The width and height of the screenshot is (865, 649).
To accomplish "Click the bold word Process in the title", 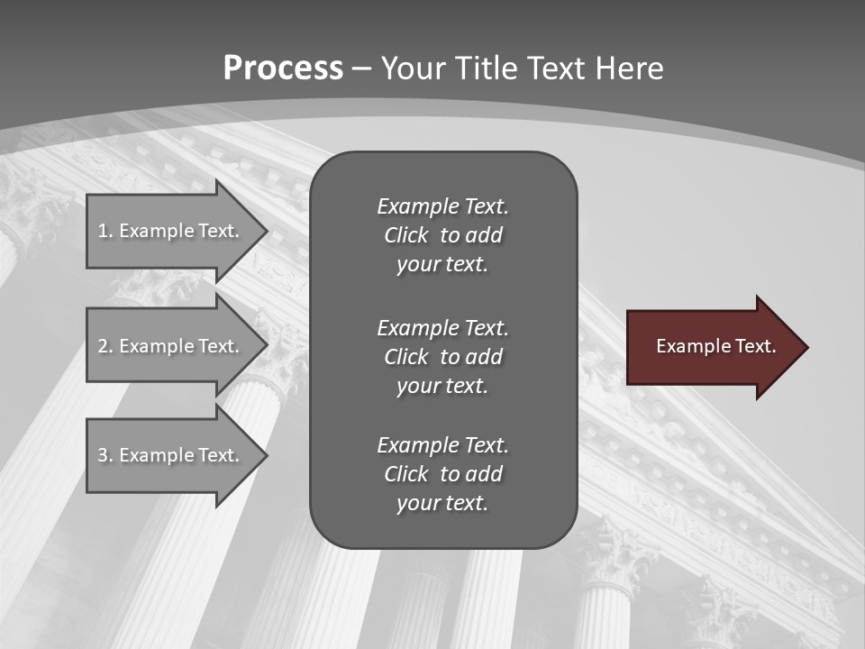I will [283, 69].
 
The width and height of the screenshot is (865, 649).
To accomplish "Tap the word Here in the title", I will [630, 69].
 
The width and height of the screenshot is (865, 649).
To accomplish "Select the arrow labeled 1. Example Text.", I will [171, 231].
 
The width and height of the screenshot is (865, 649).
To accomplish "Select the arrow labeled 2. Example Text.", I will [171, 346].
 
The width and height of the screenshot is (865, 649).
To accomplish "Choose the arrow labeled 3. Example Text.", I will [171, 455].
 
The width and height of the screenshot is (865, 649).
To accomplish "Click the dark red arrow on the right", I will [712, 346].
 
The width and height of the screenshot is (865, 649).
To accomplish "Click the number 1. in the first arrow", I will [105, 231].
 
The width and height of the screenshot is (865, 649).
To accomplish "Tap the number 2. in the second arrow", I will [105, 346].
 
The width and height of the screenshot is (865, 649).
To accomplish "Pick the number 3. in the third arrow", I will [105, 455].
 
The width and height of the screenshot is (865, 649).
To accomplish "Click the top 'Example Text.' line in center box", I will [442, 206].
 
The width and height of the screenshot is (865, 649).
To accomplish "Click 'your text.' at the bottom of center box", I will [442, 503].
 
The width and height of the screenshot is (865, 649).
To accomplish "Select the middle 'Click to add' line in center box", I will [442, 357].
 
